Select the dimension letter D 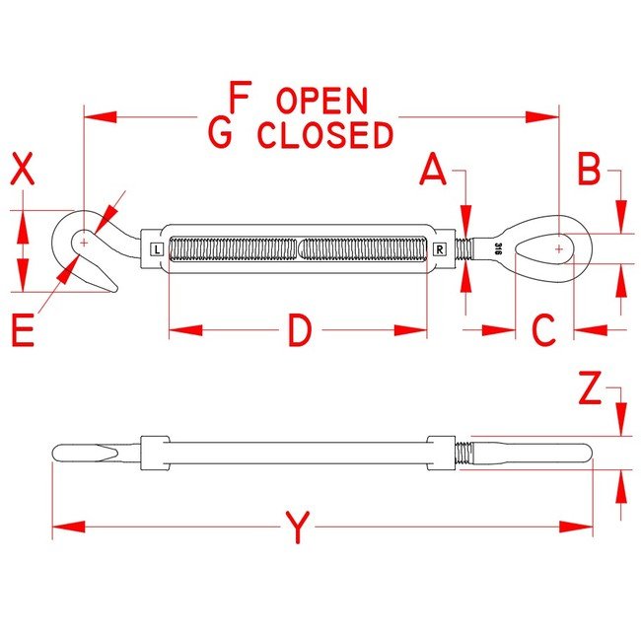pos(299,331)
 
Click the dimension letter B pos(589,171)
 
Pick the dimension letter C pos(544,331)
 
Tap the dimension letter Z pos(589,392)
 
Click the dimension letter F pos(240,98)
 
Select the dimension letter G pos(222,133)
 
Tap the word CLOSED pos(324,135)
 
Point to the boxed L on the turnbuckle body pos(158,249)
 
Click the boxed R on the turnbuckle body pos(439,249)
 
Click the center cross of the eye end pos(559,249)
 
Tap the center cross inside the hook pos(85,241)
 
